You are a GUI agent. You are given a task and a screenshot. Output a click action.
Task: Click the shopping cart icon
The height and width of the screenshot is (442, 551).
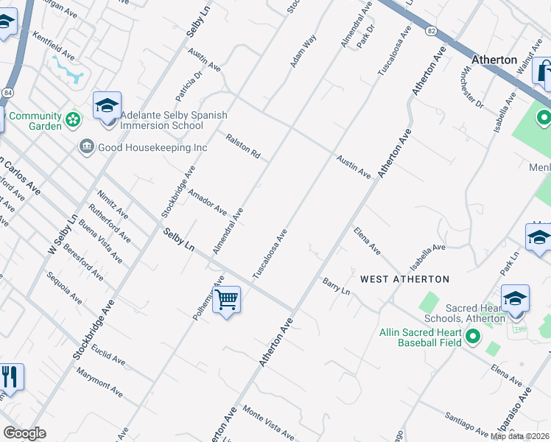[x=227, y=299]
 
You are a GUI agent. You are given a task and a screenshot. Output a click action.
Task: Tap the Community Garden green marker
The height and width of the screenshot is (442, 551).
[x=72, y=118]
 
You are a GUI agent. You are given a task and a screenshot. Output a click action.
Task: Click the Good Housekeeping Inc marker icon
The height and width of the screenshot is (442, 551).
[x=86, y=147]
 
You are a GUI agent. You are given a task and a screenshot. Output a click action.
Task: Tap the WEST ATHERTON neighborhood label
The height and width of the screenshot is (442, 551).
[x=404, y=279]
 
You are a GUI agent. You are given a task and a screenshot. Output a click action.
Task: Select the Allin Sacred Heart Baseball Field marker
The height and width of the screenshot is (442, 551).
[x=472, y=337]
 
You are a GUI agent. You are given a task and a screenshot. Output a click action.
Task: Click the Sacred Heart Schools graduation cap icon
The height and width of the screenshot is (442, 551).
[x=515, y=298]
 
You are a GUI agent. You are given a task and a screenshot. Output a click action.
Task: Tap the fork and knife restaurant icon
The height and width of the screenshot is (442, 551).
[x=10, y=376]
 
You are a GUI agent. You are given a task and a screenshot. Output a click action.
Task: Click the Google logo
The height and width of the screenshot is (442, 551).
[x=24, y=433]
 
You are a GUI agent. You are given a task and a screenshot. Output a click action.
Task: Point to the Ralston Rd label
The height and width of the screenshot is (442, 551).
[x=244, y=146]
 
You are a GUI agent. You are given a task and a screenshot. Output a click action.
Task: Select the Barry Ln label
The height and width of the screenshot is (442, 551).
[x=336, y=286]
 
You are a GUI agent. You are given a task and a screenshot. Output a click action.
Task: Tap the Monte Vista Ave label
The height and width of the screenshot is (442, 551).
[x=269, y=423]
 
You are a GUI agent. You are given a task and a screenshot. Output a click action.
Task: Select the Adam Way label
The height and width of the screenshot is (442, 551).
[x=303, y=51]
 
